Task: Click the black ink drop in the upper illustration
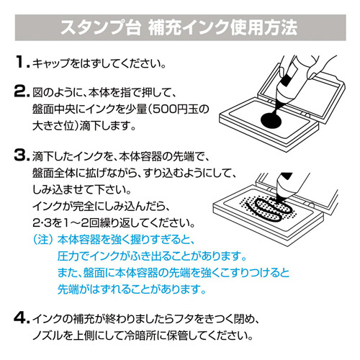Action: (273, 119)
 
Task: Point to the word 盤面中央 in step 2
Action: (58, 110)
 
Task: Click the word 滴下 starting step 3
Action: (44, 156)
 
